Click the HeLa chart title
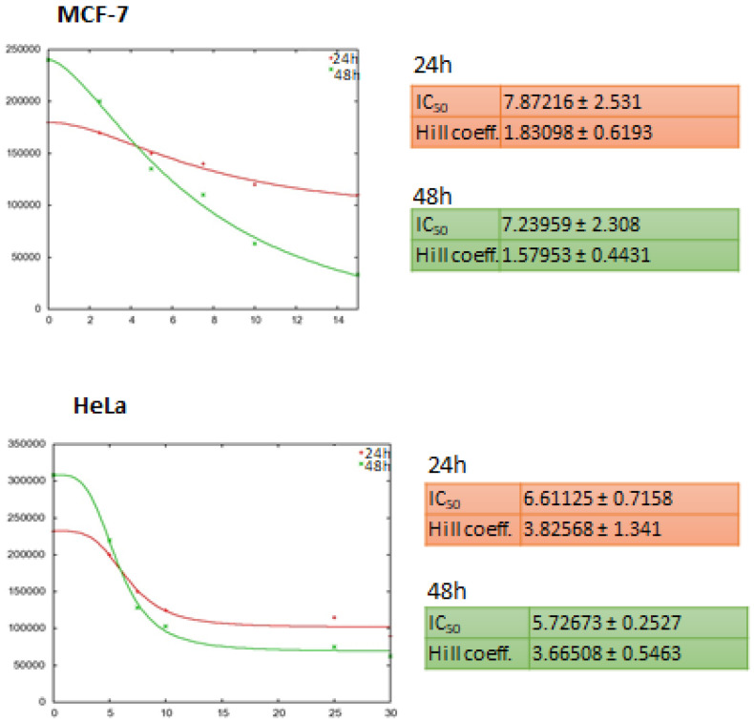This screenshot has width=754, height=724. pos(99,406)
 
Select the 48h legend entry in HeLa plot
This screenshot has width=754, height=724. pos(373,464)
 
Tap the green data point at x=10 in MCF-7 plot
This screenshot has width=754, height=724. pos(255,244)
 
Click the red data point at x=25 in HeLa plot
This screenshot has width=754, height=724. pos(334,617)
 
